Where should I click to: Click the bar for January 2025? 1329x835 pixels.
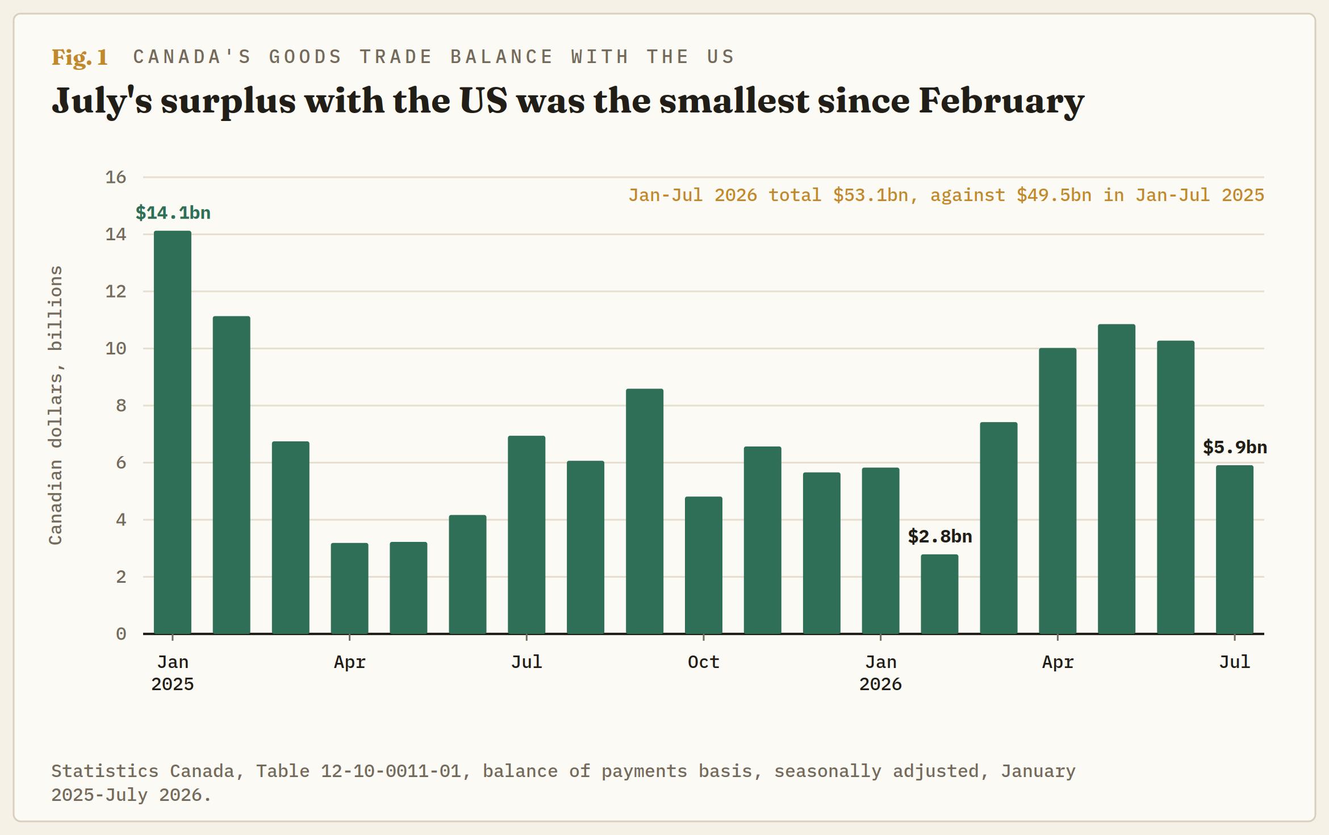click(173, 432)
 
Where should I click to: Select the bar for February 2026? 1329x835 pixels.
click(939, 594)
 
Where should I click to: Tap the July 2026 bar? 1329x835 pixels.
click(1234, 549)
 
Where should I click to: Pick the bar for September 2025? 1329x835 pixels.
click(645, 511)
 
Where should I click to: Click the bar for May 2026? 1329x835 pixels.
click(1117, 479)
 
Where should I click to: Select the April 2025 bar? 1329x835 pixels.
click(349, 588)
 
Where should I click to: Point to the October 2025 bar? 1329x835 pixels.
click(704, 565)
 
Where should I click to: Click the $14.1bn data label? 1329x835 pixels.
click(173, 213)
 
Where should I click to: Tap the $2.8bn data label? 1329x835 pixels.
click(940, 536)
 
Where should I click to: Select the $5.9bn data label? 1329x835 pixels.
click(1235, 447)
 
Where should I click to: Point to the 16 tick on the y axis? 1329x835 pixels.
click(116, 177)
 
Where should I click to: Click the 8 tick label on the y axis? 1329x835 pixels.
click(121, 406)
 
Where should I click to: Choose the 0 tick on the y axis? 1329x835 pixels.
click(121, 634)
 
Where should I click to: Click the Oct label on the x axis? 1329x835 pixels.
click(704, 662)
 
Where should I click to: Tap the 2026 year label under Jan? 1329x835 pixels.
click(880, 684)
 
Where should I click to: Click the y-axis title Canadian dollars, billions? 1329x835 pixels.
click(56, 405)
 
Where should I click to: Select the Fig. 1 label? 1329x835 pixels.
click(80, 57)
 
